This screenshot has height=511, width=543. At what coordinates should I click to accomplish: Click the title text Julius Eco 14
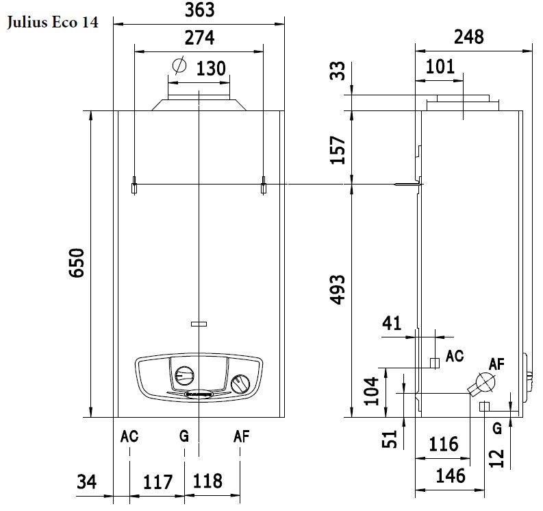pos(52,23)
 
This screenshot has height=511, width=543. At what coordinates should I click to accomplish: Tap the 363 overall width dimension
pos(199,10)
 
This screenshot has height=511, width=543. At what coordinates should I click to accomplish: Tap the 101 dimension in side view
pos(440,67)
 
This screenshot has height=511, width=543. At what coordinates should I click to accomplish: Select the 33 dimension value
pos(338,71)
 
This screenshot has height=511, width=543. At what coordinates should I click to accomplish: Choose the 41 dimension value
pos(392,322)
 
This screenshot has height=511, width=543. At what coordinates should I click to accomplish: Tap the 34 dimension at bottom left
pos(87,482)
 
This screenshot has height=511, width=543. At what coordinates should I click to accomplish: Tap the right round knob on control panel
pos(240,384)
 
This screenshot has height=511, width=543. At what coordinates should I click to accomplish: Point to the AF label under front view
pos(241,436)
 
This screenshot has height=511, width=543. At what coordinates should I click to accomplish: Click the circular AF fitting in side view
pos(483,382)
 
